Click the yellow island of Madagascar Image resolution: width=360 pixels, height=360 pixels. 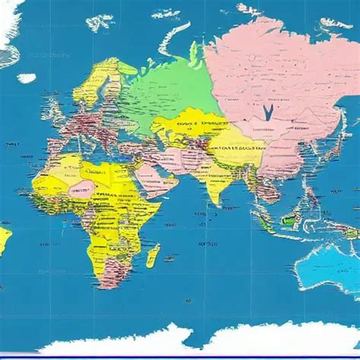[153, 254]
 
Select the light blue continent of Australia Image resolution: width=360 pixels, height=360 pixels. [329, 259]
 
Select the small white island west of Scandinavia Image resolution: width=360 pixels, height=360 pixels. [27, 77]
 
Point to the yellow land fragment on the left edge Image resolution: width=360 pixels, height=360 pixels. [4, 239]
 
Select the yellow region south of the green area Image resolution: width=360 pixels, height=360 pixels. [186, 129]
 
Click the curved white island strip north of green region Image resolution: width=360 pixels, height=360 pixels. [171, 42]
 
